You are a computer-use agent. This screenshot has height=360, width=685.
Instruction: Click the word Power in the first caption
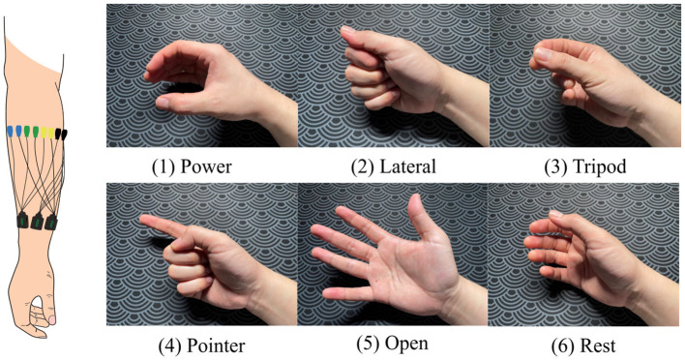click(206, 166)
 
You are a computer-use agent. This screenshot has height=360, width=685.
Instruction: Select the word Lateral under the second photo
click(407, 166)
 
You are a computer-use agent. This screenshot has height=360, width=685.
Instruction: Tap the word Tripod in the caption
click(599, 166)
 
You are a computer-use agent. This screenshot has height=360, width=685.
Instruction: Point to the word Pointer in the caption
click(216, 346)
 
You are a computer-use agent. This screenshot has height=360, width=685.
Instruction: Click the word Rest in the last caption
click(598, 346)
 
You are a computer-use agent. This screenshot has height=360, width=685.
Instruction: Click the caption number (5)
click(369, 345)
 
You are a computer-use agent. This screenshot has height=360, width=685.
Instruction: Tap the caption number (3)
click(555, 166)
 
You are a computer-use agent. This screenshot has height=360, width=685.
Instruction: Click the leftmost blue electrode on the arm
click(10, 131)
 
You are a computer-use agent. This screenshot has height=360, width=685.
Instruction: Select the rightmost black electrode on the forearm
click(64, 135)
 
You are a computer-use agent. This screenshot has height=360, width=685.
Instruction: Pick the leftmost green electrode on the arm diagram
click(27, 132)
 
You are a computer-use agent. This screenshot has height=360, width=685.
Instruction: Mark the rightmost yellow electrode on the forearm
click(51, 134)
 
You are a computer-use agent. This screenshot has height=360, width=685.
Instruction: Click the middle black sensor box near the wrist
click(37, 221)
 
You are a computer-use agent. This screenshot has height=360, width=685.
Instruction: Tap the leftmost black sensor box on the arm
click(22, 220)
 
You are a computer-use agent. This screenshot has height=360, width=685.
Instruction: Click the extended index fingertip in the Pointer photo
click(143, 220)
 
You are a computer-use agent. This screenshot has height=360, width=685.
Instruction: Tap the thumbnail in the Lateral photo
click(348, 29)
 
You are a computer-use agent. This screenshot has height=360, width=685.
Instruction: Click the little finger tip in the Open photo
click(327, 295)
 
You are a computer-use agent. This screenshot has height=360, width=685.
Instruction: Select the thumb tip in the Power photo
click(161, 104)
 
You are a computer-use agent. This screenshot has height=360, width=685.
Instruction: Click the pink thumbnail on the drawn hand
click(52, 319)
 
